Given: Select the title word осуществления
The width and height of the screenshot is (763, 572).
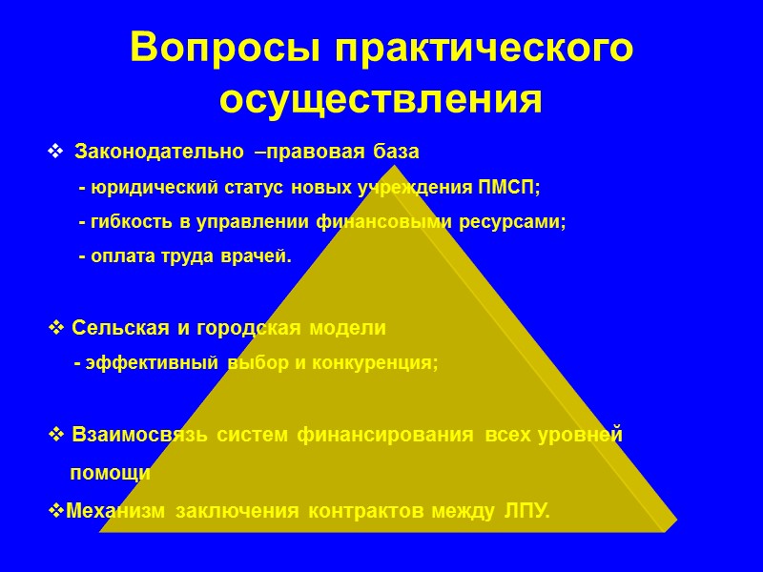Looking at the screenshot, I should click(381, 100).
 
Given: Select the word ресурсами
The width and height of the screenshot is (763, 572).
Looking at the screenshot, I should click(520, 222).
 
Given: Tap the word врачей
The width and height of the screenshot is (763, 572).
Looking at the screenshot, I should click(259, 257).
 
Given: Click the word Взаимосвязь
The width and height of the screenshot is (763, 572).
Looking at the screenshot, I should click(141, 436).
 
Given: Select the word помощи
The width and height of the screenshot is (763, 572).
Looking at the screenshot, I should click(110, 473).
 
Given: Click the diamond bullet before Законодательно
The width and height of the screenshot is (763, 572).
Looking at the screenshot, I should click(55, 153).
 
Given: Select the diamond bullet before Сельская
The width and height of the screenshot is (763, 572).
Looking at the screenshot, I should click(54, 328).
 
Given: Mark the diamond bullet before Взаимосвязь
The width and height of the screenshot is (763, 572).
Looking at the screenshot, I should click(54, 436).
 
